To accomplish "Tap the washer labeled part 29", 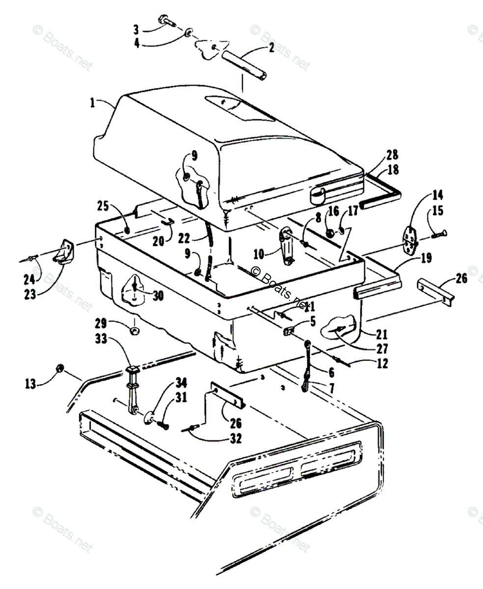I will coord(134,331).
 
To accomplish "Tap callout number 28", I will coord(392,156).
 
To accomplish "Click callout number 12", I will coord(383,364).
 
